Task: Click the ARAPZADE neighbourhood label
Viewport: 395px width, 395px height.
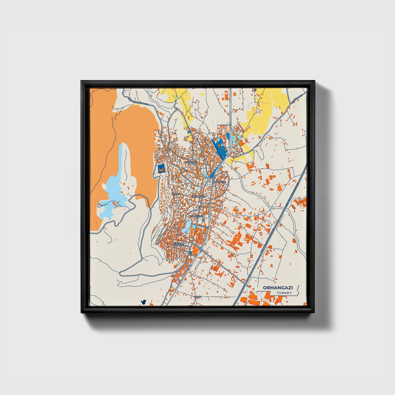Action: [191, 162]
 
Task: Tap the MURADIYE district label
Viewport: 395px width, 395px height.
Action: [220, 182]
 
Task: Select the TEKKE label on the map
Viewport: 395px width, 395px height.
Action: [175, 194]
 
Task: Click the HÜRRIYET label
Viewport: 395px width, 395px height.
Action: [179, 244]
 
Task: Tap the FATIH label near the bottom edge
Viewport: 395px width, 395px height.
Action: [197, 297]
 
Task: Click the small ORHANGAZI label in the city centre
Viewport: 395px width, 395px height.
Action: [198, 196]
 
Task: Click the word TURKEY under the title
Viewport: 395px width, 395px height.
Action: [284, 293]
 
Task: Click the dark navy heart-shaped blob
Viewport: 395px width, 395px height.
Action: [143, 302]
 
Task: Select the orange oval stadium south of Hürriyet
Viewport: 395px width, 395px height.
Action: [194, 250]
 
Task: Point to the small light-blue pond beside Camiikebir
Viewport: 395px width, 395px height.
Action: [188, 227]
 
